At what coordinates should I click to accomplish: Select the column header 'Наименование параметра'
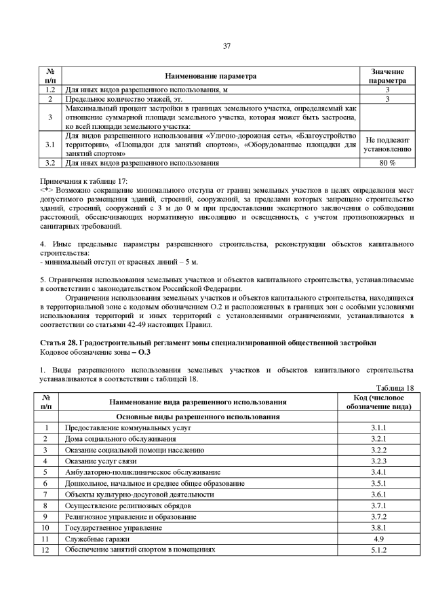point(213,76)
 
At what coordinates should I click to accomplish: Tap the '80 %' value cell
point(387,164)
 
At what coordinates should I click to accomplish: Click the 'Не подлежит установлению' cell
point(387,145)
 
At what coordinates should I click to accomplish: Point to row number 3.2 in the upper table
point(49,164)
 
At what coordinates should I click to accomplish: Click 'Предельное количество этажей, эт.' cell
point(118,99)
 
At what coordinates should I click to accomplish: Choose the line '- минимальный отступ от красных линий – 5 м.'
point(120,262)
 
